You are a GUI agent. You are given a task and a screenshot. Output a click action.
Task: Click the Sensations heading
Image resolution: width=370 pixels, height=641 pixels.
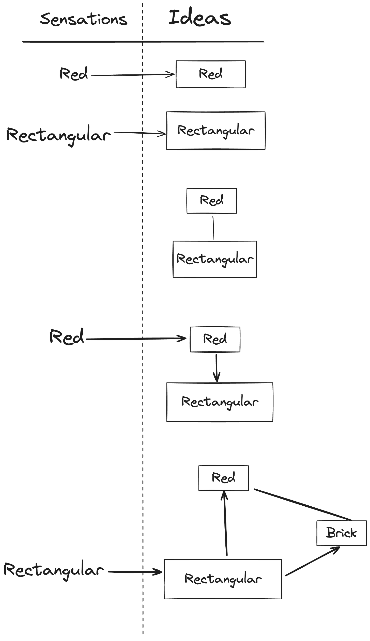coord(84,20)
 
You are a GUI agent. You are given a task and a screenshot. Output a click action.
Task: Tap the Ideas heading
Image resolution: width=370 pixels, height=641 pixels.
coord(200,18)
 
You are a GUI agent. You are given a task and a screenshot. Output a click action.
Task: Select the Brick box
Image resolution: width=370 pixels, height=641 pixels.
coord(342,533)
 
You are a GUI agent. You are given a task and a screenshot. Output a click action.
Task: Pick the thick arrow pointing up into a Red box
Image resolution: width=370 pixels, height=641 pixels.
coord(225,523)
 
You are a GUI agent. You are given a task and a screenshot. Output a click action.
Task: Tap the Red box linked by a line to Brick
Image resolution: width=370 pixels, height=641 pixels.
coord(223,478)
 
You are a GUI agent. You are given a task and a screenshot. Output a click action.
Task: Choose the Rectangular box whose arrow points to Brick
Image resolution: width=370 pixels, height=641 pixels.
coord(223,579)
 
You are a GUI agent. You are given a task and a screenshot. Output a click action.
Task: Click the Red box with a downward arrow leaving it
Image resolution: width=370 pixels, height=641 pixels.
coord(215,339)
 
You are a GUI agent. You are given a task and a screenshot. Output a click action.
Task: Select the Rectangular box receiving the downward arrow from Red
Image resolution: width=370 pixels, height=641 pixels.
coord(220,402)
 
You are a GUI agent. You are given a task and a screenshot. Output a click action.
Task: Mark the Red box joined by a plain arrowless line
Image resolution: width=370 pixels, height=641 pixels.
coord(211,201)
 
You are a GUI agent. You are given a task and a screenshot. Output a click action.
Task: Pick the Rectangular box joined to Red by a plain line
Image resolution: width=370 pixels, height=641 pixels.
coord(215,259)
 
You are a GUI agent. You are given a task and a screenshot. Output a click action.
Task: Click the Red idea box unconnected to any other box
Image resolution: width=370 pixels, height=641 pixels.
coord(211,74)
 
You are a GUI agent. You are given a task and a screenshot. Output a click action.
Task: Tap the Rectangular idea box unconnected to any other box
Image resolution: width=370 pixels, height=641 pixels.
coord(216,130)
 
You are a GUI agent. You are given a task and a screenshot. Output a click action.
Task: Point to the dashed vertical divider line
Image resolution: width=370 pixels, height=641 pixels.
coord(143,305)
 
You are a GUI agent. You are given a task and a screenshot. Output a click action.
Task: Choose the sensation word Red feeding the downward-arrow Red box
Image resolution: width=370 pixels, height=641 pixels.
coord(67,337)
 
